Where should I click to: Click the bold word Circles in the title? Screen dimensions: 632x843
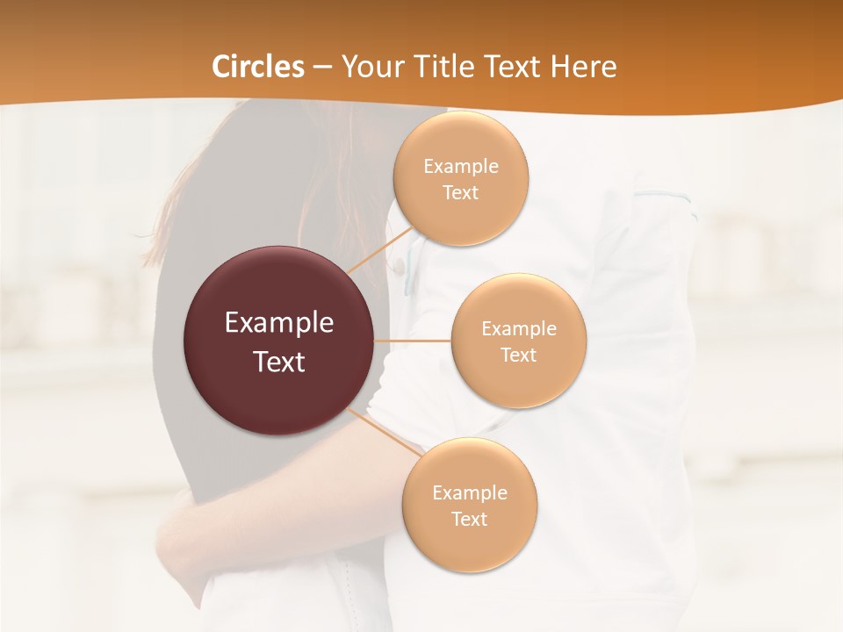coord(258,67)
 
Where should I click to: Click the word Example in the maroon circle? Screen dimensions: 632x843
coord(279,323)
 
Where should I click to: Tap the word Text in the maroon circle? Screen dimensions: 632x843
coord(279,362)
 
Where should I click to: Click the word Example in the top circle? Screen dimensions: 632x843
coord(460,167)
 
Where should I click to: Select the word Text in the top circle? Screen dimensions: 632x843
coord(460,193)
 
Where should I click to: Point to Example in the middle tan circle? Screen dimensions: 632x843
coord(518,329)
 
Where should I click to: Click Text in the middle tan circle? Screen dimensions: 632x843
coord(518,355)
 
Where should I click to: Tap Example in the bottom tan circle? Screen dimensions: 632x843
coord(470,493)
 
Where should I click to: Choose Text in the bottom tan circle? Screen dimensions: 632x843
coord(470,520)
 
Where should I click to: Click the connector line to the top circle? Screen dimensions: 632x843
coord(380,249)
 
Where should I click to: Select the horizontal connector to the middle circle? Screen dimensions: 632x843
coord(413,341)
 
